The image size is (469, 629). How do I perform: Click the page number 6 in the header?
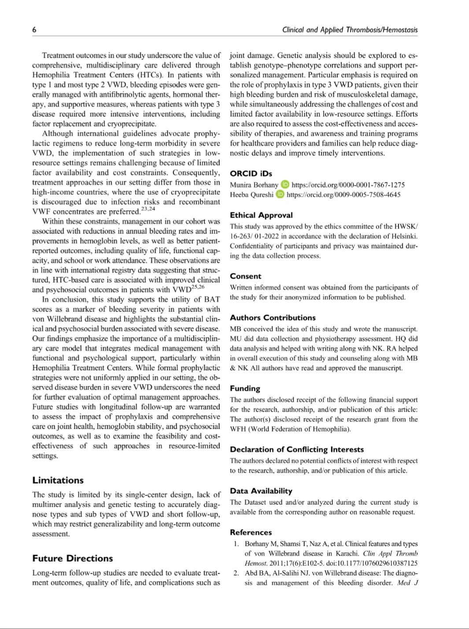coord(34,30)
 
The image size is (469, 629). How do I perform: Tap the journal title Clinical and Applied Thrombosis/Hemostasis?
coord(350,30)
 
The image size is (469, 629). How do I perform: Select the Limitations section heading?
coord(58,480)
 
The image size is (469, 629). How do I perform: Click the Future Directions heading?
coord(72,558)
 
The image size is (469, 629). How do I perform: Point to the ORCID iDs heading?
coord(251,174)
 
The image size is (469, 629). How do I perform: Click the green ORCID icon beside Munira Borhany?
coord(285,185)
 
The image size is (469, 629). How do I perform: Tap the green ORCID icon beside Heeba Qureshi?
coord(280,195)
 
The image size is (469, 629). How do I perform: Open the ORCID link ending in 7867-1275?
coord(348,185)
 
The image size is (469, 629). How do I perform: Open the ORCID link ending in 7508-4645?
coord(343,195)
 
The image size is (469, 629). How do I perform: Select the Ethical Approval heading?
coord(261,215)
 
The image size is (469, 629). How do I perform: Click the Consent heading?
coord(245,276)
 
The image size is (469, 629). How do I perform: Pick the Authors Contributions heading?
coord(273,318)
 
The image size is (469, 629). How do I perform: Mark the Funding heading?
coord(245,388)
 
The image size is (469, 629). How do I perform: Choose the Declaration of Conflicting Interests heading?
coord(297,449)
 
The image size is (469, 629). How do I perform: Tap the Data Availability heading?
coord(261,491)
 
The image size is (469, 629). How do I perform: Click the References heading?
coord(251,532)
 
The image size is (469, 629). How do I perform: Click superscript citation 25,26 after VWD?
coord(198,287)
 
